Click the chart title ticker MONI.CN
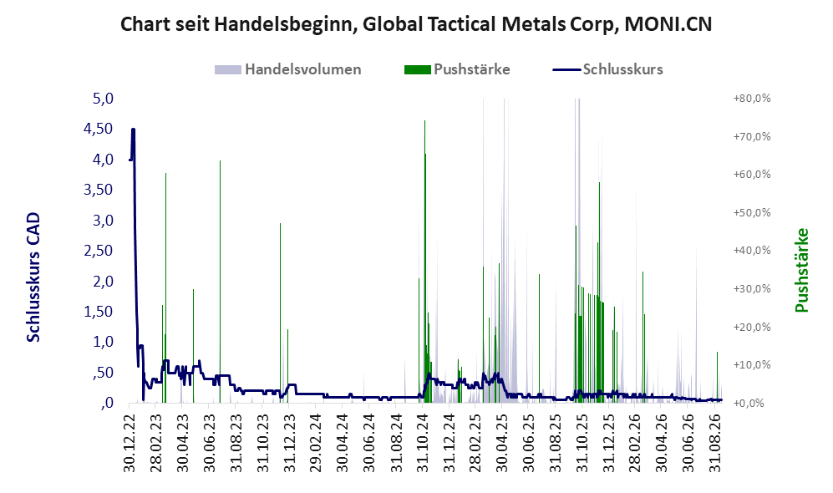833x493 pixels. [x=668, y=24]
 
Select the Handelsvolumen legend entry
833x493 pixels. [x=288, y=69]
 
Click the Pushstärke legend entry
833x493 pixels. [x=457, y=69]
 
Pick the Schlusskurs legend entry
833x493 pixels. [x=607, y=69]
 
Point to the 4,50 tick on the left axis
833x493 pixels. [x=99, y=129]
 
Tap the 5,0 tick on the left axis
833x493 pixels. [x=103, y=99]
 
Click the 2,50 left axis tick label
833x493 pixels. [x=99, y=251]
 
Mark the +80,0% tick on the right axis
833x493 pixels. [x=752, y=99]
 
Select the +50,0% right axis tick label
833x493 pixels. [x=752, y=213]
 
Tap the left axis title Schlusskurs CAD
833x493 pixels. [x=33, y=277]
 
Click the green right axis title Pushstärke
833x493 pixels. [x=801, y=271]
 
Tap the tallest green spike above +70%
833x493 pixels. [x=424, y=261]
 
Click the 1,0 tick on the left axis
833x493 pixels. [x=103, y=342]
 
